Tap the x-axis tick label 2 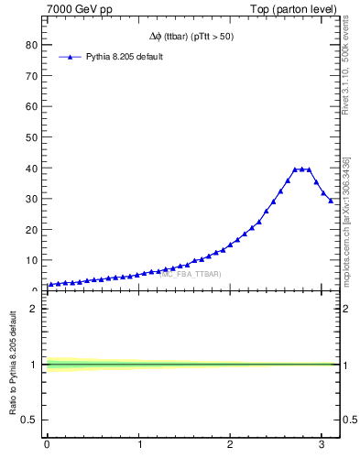tap(231, 445)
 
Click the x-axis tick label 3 tap(322, 445)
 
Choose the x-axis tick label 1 tap(139, 445)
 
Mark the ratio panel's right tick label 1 tap(348, 365)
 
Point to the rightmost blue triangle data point tap(332, 201)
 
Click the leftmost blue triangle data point tap(50, 285)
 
